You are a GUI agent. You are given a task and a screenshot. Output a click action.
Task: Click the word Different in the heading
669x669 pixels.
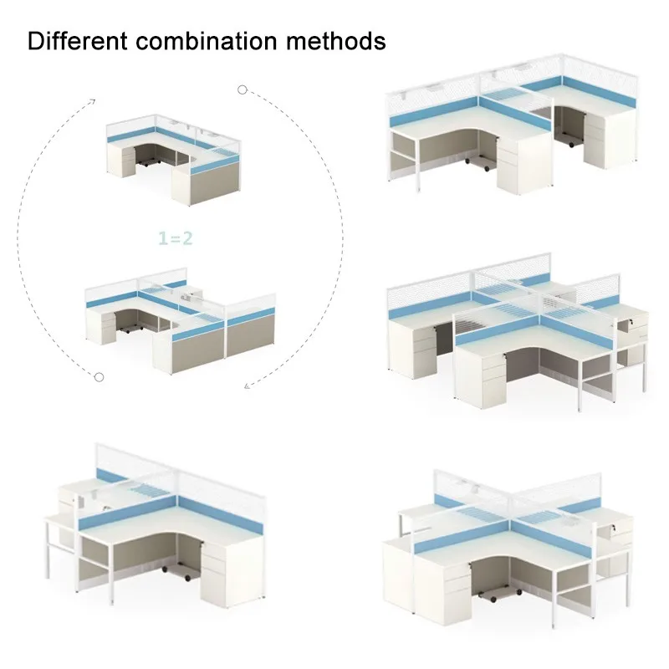point(70,40)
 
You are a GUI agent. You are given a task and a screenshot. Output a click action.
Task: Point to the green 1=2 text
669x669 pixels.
point(176,238)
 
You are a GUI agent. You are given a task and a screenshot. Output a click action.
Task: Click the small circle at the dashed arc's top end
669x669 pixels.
point(242,89)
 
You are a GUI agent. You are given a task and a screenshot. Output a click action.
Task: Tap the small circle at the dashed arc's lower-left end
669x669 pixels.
point(98,378)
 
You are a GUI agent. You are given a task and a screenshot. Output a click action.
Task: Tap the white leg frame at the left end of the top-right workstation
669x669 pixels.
point(403,159)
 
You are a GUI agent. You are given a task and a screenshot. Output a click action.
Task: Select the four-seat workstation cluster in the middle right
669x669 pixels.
point(512,334)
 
